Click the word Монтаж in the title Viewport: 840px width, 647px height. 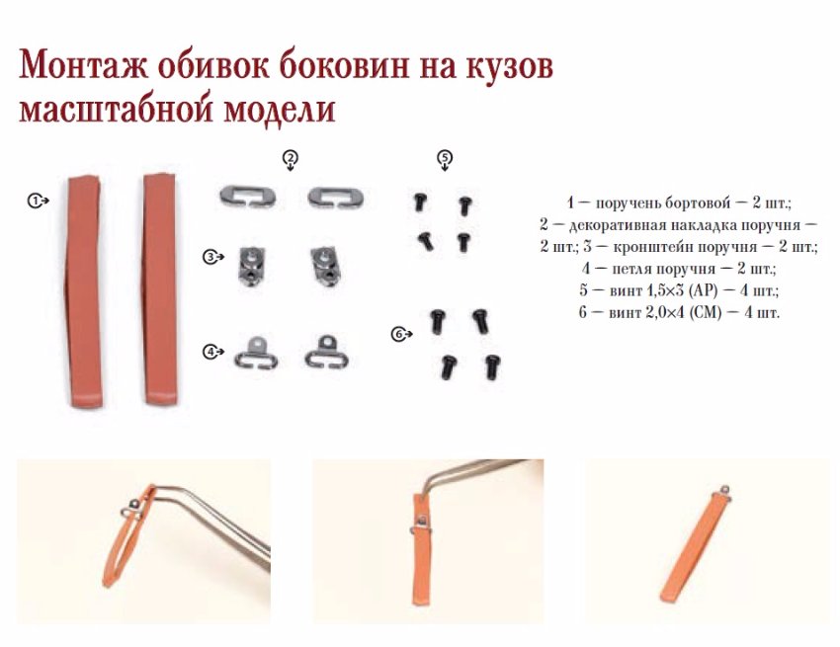tap(83, 66)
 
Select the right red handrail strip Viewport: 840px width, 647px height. tap(160, 288)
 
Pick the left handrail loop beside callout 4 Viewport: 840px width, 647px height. tap(256, 353)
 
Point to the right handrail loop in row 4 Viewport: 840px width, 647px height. tap(326, 352)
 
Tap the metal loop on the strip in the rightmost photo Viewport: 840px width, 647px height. tap(725, 490)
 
